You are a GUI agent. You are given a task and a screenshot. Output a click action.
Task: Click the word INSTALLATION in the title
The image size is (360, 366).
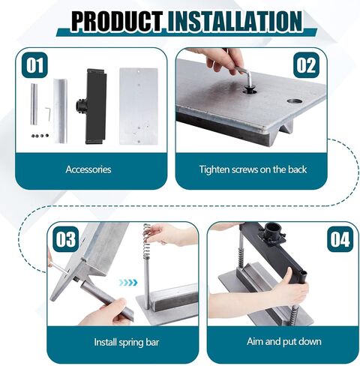[x=235, y=21]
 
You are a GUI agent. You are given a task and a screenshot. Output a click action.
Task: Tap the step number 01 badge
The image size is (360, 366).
[x=34, y=65]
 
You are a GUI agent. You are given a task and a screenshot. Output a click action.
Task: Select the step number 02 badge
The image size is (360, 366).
[x=306, y=65]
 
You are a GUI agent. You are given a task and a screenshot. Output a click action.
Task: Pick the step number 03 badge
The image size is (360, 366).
[x=66, y=239]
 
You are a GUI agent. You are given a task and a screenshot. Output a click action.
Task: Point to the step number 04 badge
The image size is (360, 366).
[x=340, y=239]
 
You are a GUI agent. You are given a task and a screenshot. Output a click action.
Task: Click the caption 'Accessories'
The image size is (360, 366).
[x=88, y=169]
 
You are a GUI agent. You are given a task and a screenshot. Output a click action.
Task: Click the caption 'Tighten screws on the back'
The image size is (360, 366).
[x=253, y=169]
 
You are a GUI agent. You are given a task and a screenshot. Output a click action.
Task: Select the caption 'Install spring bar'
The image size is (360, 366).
[x=127, y=342]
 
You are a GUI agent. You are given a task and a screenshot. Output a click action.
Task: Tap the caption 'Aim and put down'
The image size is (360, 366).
[x=284, y=341]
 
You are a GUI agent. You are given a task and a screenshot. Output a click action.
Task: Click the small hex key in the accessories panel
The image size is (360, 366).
[x=48, y=113]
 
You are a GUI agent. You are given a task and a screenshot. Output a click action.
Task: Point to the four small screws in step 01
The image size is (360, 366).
[x=40, y=136]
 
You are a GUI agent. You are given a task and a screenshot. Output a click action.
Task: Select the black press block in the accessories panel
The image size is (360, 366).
[x=92, y=106]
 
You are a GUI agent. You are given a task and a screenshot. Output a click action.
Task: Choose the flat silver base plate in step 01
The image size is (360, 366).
[x=139, y=106]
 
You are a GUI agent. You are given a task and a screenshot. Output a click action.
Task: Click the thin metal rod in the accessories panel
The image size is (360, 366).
[x=34, y=104]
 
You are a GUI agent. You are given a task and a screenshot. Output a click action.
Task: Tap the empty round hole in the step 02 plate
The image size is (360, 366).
[x=295, y=101]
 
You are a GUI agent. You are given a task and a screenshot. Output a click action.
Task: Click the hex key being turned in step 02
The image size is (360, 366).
[x=244, y=77]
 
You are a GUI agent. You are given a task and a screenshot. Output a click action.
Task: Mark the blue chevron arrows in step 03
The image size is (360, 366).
[x=128, y=283]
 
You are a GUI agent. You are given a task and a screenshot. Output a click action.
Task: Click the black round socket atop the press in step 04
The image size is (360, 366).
[x=273, y=230]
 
